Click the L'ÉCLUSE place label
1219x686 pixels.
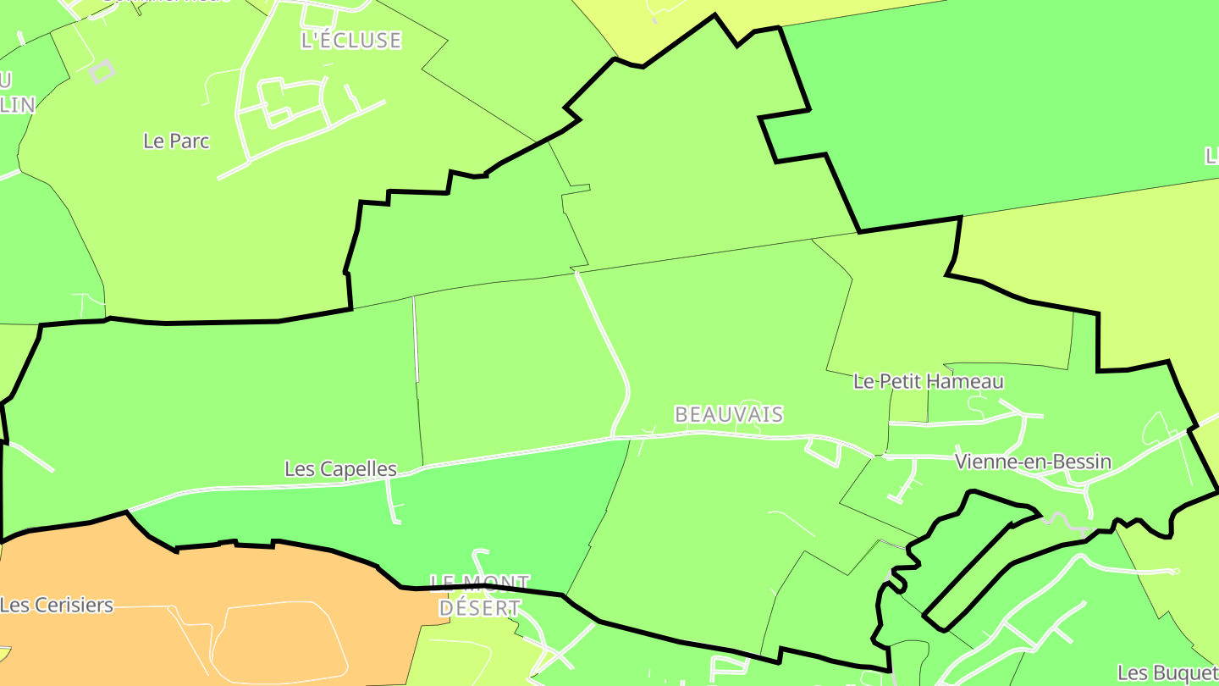(x=350, y=40)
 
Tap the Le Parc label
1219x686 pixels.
(x=176, y=141)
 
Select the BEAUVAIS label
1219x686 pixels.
(x=728, y=414)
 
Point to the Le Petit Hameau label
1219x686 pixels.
(x=928, y=381)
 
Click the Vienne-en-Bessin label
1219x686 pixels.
(x=1032, y=462)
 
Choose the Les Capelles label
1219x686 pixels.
(x=340, y=468)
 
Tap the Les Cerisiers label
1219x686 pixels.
(x=57, y=605)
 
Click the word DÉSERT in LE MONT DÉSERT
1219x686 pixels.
(x=480, y=608)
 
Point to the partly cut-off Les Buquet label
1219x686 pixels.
(x=1167, y=672)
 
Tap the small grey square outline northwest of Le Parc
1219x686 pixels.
(x=102, y=71)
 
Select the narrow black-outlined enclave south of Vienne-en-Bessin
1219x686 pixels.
(x=974, y=559)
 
